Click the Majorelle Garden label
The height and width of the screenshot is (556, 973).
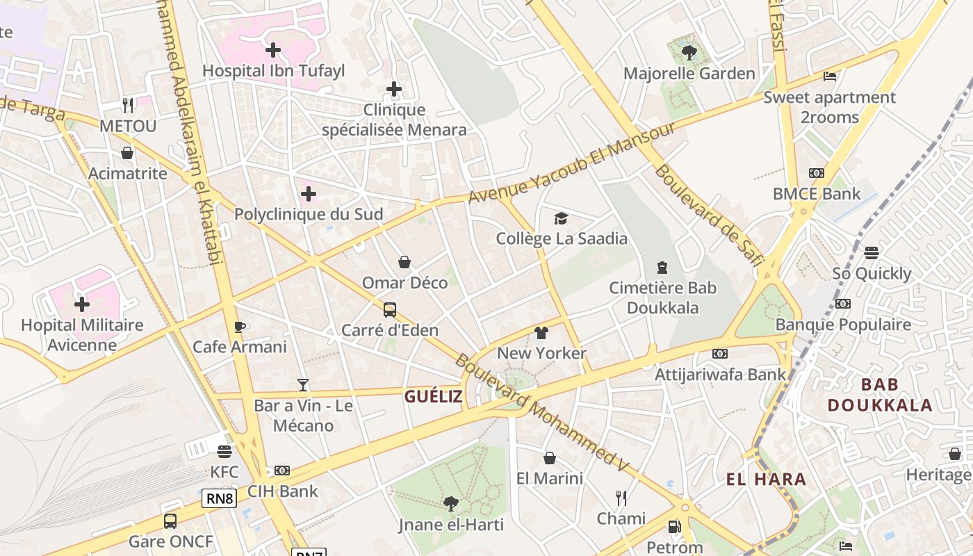pos(689,73)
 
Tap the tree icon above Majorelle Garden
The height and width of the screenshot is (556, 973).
pos(689,51)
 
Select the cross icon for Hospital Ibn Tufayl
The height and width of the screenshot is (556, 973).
pos(273,49)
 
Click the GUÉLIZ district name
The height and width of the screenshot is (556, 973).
pos(434,397)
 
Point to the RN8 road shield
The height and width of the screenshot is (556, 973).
pos(220,498)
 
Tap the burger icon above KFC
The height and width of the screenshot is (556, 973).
pos(224,452)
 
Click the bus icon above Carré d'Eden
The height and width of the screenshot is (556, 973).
pos(390,309)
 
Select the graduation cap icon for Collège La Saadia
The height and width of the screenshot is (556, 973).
pos(561,219)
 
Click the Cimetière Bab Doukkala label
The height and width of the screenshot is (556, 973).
pos(662,297)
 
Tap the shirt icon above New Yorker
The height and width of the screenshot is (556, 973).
pos(541,333)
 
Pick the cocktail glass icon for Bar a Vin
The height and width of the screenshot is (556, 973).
pos(303,384)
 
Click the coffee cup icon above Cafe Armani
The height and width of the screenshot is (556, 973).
pos(240,327)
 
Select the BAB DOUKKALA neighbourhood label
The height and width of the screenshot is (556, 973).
pos(879,395)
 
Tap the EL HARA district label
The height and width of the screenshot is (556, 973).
pos(766,479)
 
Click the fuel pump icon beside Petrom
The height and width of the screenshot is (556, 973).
pos(673,527)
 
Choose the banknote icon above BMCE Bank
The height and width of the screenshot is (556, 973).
pos(817,173)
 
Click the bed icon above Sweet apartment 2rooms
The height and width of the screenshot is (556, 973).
pos(829,76)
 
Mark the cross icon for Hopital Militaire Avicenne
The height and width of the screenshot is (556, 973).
pos(82,304)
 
